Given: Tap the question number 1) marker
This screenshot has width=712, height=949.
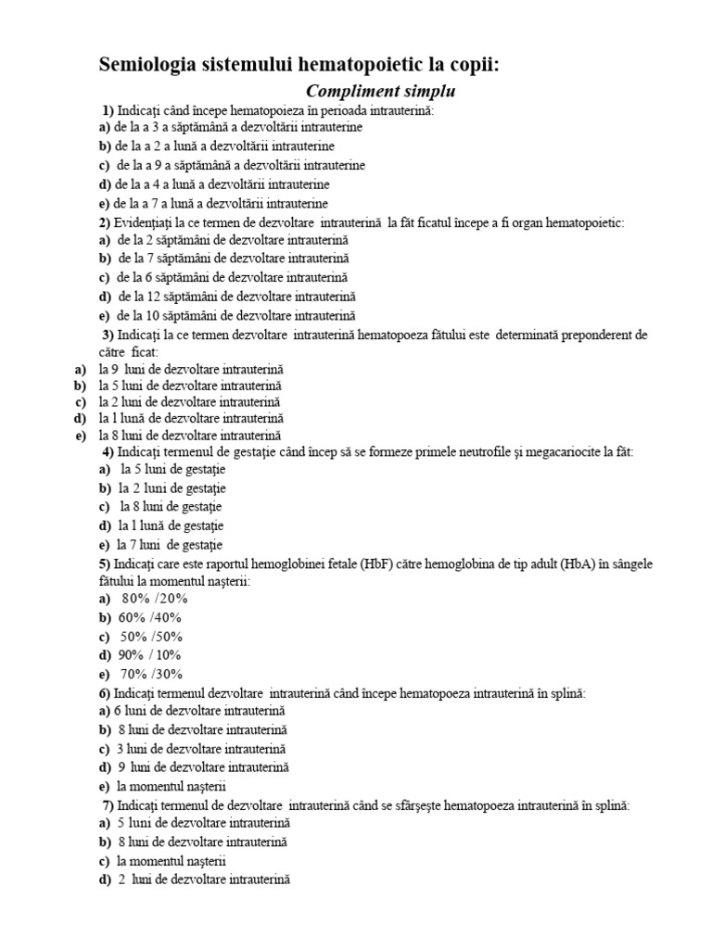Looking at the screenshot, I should coord(108,111).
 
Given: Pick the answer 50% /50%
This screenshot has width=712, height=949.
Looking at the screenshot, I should coord(152,636).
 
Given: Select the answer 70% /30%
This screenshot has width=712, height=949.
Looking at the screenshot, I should coord(152,674).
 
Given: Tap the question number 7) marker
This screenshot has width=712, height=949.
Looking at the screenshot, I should coord(108,805).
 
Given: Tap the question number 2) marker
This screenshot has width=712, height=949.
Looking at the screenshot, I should coord(104,222).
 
